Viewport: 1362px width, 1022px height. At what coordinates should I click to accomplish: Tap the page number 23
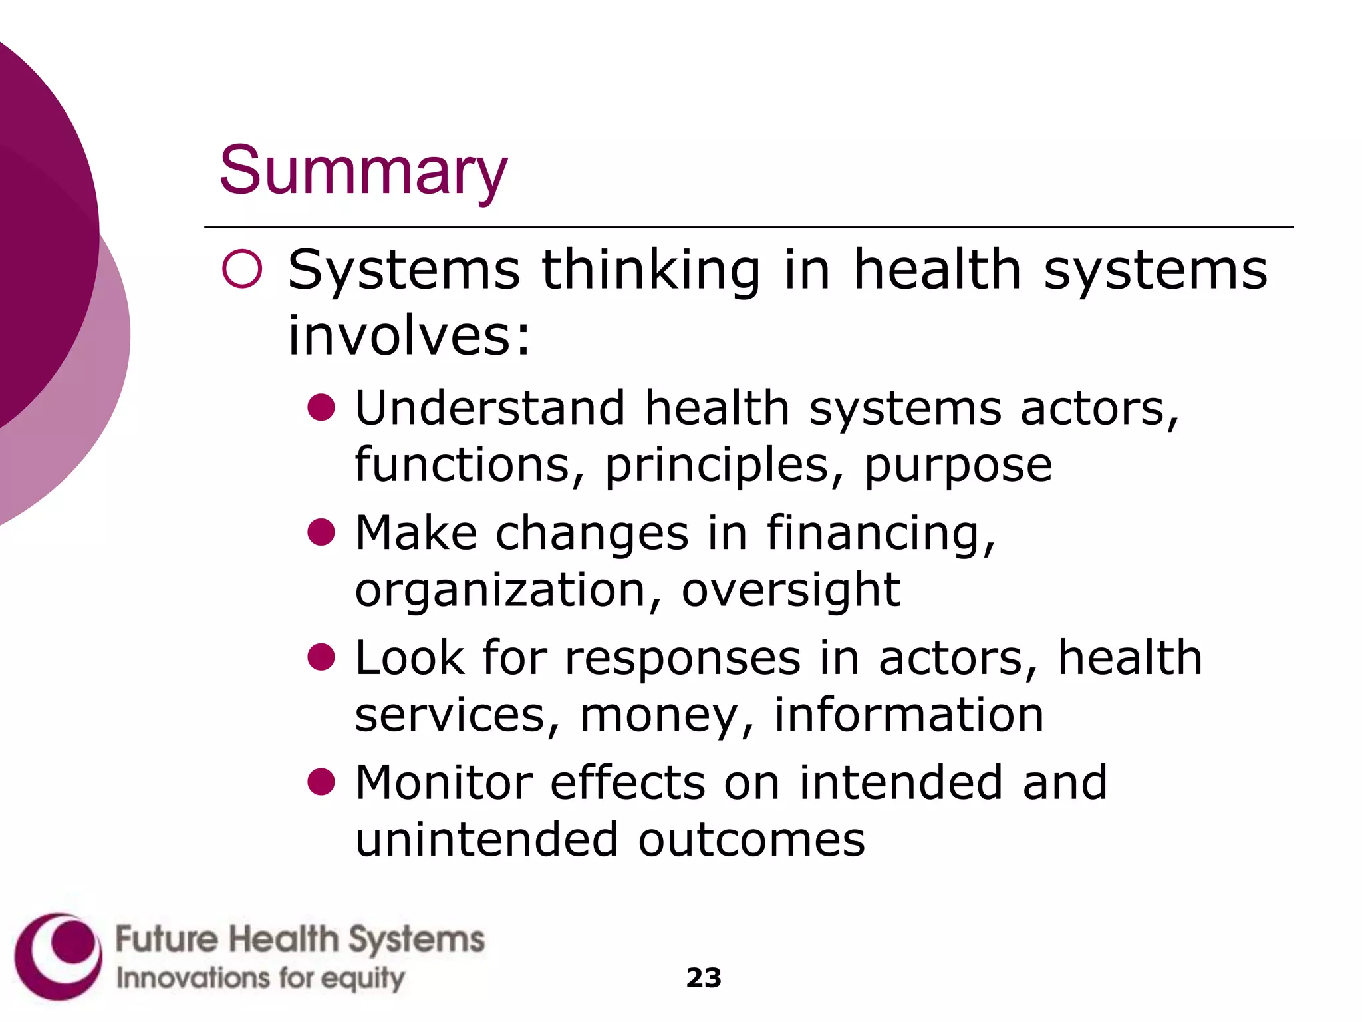click(x=704, y=978)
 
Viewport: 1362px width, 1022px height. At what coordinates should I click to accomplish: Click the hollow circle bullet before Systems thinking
click(x=242, y=269)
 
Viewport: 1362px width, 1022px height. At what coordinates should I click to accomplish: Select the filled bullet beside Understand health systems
click(x=321, y=407)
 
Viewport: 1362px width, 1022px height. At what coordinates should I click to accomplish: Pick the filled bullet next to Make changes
click(x=321, y=532)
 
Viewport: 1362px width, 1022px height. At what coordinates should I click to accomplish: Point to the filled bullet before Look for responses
click(x=321, y=657)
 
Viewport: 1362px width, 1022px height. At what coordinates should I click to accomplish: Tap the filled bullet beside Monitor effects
click(x=321, y=782)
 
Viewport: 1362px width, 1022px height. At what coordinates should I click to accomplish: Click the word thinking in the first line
click(x=650, y=271)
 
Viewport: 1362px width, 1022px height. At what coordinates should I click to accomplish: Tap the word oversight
click(x=791, y=591)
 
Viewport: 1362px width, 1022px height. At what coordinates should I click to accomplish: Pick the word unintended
click(x=487, y=840)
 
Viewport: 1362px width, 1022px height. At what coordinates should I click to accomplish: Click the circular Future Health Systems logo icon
click(x=59, y=957)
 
